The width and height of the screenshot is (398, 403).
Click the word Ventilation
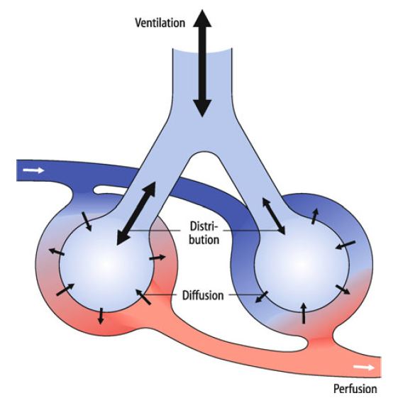tap(160, 23)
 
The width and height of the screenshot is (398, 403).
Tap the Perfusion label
tap(355, 389)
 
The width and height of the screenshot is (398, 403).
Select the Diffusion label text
tap(203, 295)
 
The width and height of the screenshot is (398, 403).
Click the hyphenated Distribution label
tap(204, 233)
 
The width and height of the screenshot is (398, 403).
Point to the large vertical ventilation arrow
tap(202, 63)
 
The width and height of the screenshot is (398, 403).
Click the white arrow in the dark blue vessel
tap(33, 170)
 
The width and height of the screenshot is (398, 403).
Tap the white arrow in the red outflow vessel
tap(364, 368)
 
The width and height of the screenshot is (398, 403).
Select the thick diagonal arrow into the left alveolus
tap(136, 214)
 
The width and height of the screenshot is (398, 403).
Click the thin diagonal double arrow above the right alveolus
tap(274, 216)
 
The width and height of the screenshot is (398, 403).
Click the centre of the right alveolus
tap(302, 264)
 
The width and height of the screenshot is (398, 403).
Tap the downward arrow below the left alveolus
tap(101, 316)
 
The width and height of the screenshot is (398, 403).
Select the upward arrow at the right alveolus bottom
tap(304, 313)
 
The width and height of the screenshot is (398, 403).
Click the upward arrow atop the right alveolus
tap(315, 216)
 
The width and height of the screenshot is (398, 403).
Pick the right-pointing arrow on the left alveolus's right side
tap(157, 258)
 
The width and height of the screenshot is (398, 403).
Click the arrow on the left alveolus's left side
tap(57, 252)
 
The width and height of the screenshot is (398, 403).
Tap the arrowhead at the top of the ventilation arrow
tap(202, 18)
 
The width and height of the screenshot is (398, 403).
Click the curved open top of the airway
tap(202, 51)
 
